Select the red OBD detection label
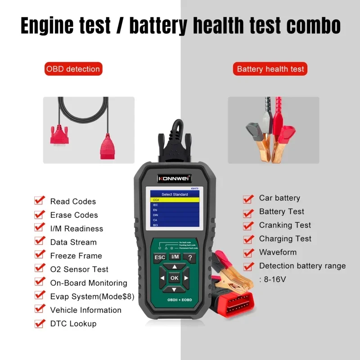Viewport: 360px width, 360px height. pos(73,69)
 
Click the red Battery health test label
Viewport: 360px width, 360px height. pos(270,69)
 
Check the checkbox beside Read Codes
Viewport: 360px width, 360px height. pos(40,200)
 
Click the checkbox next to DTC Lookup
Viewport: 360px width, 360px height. pos(40,323)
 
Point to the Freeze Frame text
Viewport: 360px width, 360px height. pos(76,256)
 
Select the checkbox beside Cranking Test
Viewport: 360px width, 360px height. pos(248,225)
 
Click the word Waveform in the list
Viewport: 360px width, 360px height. pos(278,252)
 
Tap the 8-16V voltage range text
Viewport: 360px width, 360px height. pos(274,279)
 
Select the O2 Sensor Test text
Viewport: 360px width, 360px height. pos(79,269)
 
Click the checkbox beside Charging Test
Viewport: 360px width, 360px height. pos(248,239)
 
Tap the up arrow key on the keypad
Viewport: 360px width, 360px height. pos(175,267)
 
